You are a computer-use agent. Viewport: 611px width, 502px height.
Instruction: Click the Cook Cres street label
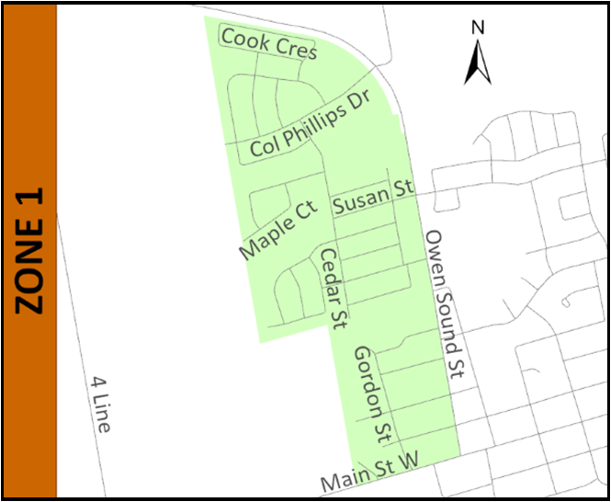click(269, 42)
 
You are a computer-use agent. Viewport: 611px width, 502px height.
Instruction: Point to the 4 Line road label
click(101, 404)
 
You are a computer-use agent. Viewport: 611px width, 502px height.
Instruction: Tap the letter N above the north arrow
click(478, 28)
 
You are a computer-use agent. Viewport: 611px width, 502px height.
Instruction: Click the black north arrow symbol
click(478, 63)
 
